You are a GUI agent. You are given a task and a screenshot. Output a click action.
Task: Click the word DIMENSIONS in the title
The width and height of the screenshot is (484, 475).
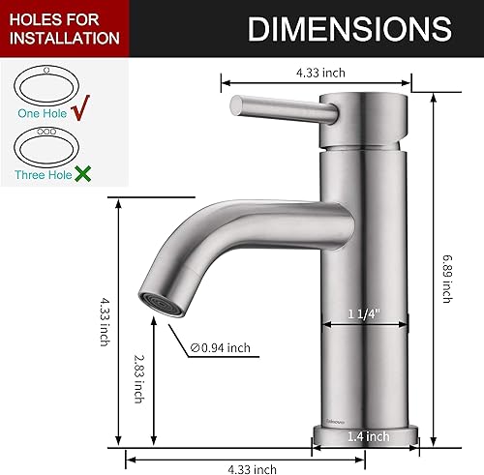(348, 29)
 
